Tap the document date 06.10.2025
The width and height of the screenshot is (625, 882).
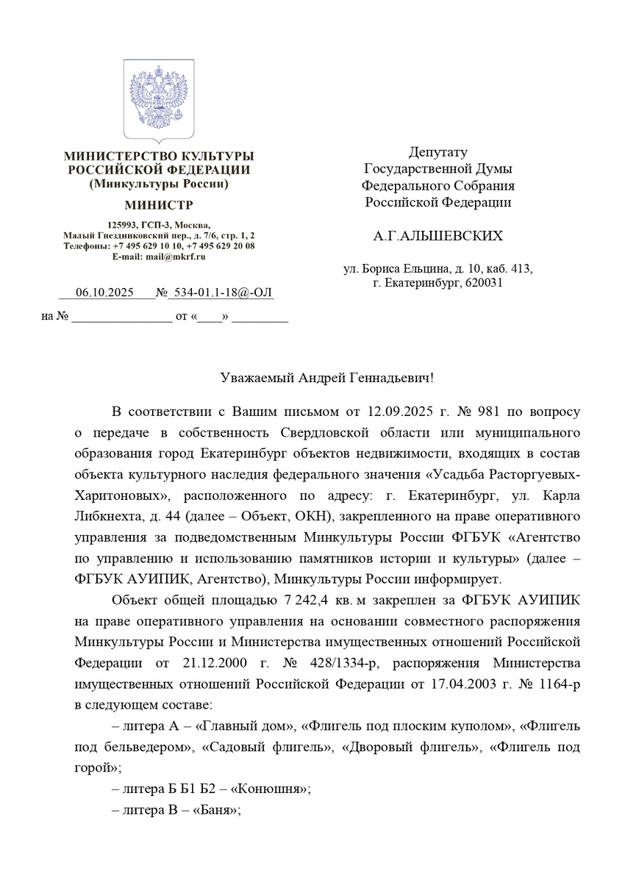pyautogui.click(x=104, y=293)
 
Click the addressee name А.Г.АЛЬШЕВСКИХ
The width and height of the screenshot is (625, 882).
pyautogui.click(x=438, y=236)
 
